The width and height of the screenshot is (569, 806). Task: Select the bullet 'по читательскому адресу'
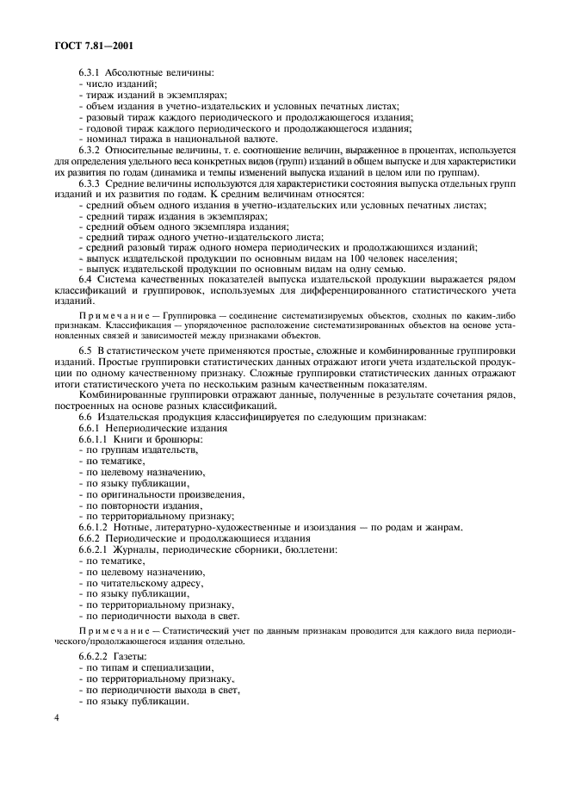[x=144, y=582]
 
